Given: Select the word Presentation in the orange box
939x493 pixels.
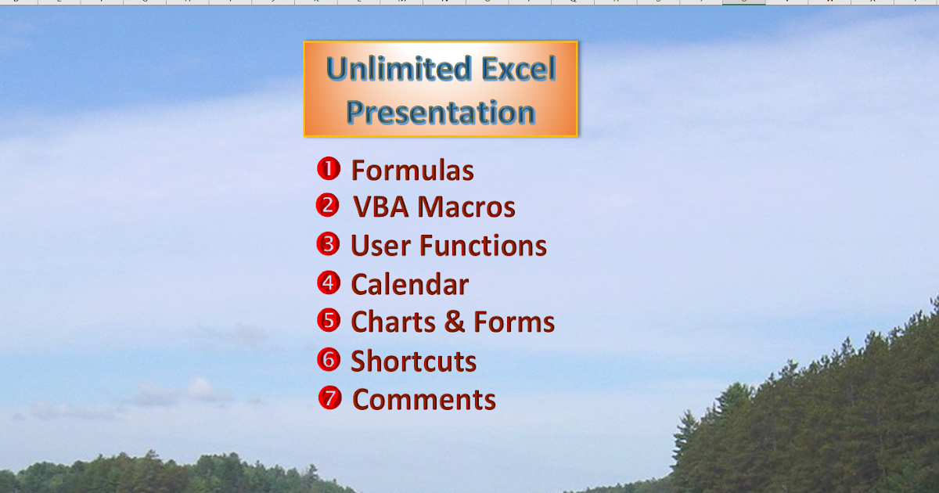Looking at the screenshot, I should (441, 113).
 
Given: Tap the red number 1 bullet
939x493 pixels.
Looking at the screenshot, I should (329, 168).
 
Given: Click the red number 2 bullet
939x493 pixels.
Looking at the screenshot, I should (328, 206).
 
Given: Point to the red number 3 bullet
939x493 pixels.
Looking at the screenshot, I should (329, 244).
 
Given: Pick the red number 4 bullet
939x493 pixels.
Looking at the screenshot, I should (329, 282).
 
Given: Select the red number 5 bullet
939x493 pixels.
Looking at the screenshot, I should (329, 321).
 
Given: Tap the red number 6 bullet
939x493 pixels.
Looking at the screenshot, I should (329, 359).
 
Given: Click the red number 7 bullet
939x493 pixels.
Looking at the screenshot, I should (330, 398).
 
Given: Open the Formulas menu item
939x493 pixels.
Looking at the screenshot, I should (412, 170).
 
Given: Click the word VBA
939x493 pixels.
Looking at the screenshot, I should (381, 207).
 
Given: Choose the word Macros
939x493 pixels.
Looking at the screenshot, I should (467, 207).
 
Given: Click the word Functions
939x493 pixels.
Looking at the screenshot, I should (483, 246).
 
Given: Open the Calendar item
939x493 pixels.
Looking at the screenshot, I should (409, 284).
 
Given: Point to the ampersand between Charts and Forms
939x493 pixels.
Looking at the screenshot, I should (458, 322).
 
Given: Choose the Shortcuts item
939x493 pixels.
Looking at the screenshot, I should (413, 361).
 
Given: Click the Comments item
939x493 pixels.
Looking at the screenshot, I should (424, 399).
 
